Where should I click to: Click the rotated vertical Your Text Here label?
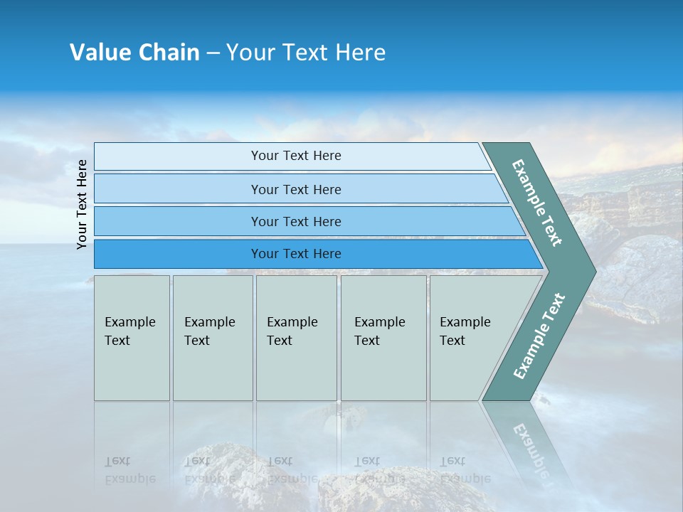pos(82,204)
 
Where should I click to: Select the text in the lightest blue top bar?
pos(296,156)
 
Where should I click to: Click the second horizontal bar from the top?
pos(296,189)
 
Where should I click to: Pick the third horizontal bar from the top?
pos(296,222)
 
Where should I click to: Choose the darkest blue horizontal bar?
pos(296,254)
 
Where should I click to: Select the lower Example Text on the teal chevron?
pos(539,336)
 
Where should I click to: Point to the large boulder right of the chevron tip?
pos(640,274)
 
